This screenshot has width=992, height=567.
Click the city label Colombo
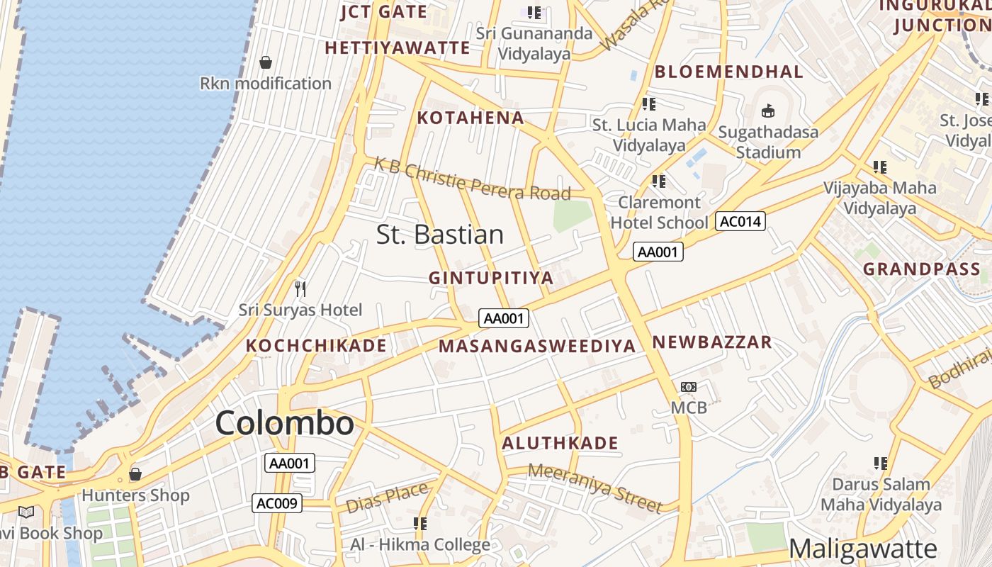click(284, 423)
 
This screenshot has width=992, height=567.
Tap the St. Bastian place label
click(439, 235)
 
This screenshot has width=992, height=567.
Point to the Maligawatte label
click(862, 549)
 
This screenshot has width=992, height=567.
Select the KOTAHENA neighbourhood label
click(470, 118)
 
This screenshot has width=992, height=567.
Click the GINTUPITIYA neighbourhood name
click(490, 278)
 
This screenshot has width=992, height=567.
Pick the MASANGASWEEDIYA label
click(536, 347)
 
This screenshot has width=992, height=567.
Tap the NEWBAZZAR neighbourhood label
click(711, 342)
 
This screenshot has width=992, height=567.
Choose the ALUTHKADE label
click(560, 444)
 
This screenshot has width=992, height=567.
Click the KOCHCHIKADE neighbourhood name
click(316, 346)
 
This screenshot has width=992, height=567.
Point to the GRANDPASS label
click(921, 269)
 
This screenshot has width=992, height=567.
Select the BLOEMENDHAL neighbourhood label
click(728, 72)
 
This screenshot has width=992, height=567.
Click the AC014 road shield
click(740, 222)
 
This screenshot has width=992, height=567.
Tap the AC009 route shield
click(277, 503)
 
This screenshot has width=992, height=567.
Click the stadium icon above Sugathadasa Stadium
click(768, 111)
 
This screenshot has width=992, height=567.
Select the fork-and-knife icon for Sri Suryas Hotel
click(300, 288)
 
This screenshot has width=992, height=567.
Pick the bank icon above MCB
click(688, 387)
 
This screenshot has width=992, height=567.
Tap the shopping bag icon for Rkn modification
click(266, 63)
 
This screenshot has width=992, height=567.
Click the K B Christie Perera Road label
click(472, 181)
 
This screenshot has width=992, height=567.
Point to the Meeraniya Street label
click(595, 487)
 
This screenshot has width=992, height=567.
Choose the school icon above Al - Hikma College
click(420, 524)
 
